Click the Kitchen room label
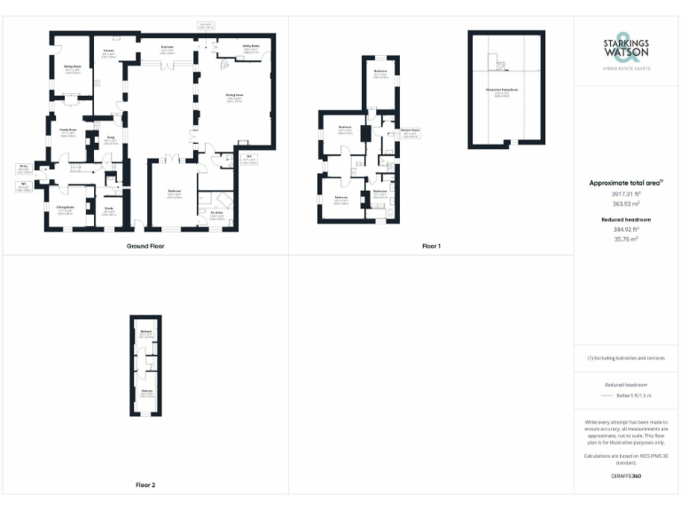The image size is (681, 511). click(108, 51)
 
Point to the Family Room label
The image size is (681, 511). click(65, 129)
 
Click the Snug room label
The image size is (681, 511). click(112, 138)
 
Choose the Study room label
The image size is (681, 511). click(110, 208)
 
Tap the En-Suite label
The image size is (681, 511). click(215, 212)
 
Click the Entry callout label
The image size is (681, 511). click(24, 166)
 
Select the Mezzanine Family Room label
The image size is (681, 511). click(504, 90)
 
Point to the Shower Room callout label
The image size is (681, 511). click(409, 130)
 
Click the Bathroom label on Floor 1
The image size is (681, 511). click(380, 191)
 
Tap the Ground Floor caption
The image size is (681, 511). click(145, 246)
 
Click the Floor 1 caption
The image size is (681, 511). click(431, 246)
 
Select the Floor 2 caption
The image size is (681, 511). click(145, 485)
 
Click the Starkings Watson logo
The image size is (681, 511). click(627, 51)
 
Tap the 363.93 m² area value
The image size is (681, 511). click(626, 202)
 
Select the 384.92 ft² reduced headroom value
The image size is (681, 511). click(626, 229)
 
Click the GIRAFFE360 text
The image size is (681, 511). click(626, 476)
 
